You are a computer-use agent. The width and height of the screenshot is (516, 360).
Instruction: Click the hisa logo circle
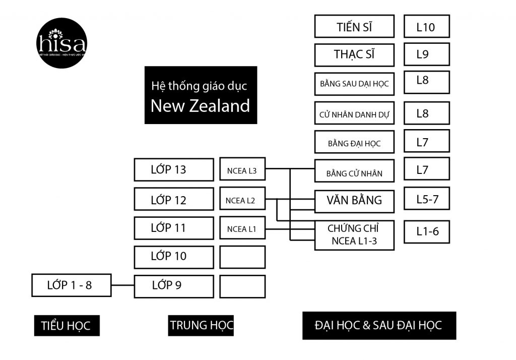62,43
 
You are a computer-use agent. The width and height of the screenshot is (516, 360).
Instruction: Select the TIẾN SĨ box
354,26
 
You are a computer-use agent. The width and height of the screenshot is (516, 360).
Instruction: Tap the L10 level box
426,26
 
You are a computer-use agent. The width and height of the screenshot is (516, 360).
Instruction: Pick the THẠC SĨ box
354,54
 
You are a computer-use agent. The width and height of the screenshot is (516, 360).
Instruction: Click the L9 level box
426,54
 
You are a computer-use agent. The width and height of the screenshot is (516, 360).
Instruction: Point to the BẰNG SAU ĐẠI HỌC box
354,83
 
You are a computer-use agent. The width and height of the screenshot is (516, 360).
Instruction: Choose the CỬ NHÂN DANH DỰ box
354,113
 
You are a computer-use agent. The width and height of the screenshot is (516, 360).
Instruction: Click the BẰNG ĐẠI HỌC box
354,142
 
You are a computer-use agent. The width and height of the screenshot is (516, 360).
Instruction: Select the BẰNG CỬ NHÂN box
354,171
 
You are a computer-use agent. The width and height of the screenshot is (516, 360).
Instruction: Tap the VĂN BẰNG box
354,200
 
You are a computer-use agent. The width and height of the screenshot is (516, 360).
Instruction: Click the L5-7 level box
426,199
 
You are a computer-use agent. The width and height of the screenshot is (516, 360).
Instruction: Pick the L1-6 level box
426,231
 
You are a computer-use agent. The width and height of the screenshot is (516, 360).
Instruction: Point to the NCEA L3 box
242,169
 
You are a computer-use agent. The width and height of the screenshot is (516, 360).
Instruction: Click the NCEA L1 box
242,228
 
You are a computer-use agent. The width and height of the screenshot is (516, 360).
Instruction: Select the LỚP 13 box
174,169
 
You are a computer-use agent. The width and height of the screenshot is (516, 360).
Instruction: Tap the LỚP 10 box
174,257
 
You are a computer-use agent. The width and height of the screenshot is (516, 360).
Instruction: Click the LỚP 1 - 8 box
71,285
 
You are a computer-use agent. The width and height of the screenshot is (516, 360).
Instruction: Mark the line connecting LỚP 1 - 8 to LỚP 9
122,286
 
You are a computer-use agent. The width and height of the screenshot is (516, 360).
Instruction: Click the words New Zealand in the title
200,106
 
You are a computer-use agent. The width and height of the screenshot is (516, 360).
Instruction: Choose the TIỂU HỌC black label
67,326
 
